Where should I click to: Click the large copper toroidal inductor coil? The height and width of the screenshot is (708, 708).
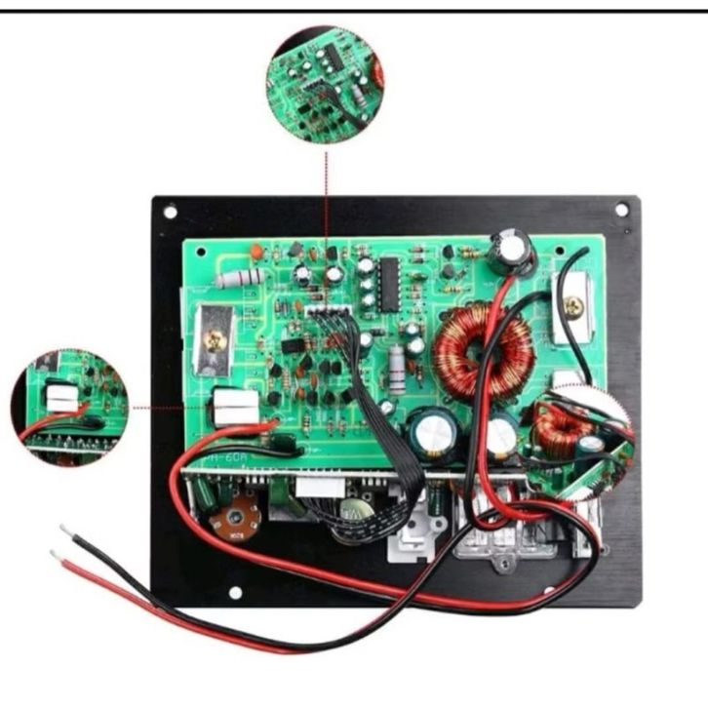pyautogui.click(x=483, y=350)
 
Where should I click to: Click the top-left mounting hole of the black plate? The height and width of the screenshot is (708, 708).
pyautogui.click(x=171, y=211)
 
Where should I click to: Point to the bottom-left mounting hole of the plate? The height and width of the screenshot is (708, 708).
pyautogui.click(x=233, y=592)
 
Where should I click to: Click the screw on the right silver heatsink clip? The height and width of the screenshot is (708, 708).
pyautogui.click(x=576, y=307)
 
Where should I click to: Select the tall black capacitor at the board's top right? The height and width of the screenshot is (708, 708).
pyautogui.click(x=512, y=250)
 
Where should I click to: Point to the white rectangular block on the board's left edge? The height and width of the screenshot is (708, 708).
pyautogui.click(x=234, y=406)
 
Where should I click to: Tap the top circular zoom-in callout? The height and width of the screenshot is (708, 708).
pyautogui.click(x=325, y=86)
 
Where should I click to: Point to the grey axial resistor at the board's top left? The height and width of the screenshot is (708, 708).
pyautogui.click(x=240, y=278)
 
